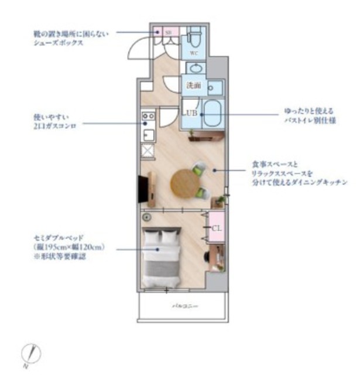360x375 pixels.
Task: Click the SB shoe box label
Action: pyautogui.click(x=167, y=32)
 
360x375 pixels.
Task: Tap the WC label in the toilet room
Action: pyautogui.click(x=194, y=53)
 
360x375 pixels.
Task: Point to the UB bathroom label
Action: pyautogui.click(x=191, y=112)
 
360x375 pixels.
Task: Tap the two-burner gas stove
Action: pyautogui.click(x=148, y=117)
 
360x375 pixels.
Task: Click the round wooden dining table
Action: pyautogui.click(x=184, y=182)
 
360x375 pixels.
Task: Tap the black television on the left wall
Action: pyautogui.click(x=142, y=187)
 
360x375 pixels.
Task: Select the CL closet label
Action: pyautogui.click(x=217, y=228)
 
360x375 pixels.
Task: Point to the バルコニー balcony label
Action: pyautogui.click(x=183, y=306)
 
